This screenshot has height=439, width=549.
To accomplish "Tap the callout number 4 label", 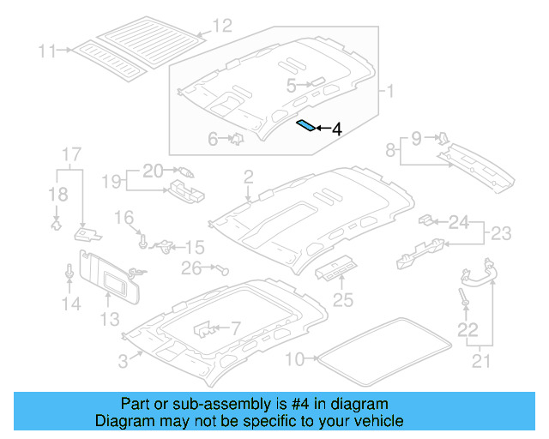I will pos(336,129).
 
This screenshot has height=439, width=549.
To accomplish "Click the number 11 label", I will pos(46,51).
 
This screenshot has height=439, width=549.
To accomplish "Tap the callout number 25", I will pos(343,299).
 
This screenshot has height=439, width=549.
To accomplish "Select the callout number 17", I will pos(70,154).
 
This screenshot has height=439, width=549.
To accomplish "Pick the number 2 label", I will pos(248,177).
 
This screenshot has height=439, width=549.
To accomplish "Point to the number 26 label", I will pos(190,268).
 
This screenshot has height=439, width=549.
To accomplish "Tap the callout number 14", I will pos(70,303).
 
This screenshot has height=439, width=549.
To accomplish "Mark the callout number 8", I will pos(391,151).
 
